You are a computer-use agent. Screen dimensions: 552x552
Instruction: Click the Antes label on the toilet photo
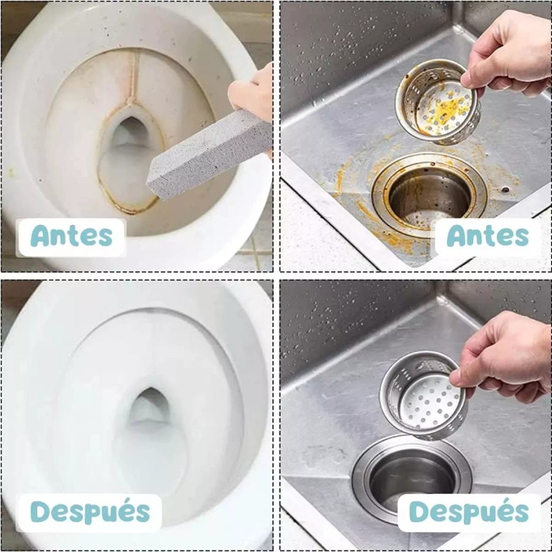pyautogui.click(x=71, y=236)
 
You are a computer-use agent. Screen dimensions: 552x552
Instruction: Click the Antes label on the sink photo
pyautogui.click(x=487, y=236)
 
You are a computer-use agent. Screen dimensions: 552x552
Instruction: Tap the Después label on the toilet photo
pyautogui.click(x=90, y=512)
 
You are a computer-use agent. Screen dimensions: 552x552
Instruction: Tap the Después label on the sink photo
pyautogui.click(x=469, y=512)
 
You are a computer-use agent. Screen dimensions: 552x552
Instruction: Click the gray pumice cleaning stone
pyautogui.click(x=207, y=155)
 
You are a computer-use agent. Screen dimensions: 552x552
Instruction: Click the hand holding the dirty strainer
pyautogui.click(x=506, y=52)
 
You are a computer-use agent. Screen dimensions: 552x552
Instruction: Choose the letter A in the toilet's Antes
pyautogui.click(x=41, y=236)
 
